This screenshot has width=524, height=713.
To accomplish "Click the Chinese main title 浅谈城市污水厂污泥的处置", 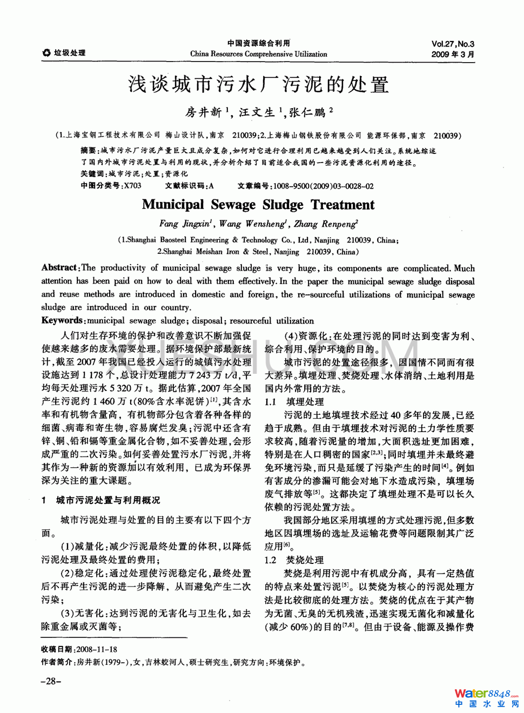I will (x=258, y=85).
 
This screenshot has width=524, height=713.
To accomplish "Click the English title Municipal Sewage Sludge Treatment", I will (x=258, y=205).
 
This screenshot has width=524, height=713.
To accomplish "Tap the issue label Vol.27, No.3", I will (x=452, y=44).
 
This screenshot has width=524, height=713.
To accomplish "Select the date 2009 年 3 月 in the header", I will (x=452, y=55).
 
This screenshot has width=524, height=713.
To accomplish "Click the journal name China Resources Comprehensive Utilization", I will (x=258, y=54).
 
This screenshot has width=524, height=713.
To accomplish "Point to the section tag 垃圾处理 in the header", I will (x=69, y=53).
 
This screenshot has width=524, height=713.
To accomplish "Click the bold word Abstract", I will (x=59, y=268).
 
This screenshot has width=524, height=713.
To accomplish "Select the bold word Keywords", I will (x=63, y=320).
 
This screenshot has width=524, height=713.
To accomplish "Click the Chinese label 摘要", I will (x=88, y=151).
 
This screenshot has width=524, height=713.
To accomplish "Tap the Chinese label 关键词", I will (x=92, y=174).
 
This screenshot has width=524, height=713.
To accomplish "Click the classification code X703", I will (x=132, y=186).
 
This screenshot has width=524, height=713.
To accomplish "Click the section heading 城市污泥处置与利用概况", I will (x=108, y=500).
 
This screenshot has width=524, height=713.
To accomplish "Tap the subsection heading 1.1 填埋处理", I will (x=294, y=402).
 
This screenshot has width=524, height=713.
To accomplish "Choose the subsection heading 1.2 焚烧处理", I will (x=294, y=560).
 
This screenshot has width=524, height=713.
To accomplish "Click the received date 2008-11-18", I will (x=97, y=649).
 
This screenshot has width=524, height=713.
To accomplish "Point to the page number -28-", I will (x=51, y=681).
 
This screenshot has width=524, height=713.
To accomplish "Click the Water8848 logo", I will (x=486, y=698).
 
